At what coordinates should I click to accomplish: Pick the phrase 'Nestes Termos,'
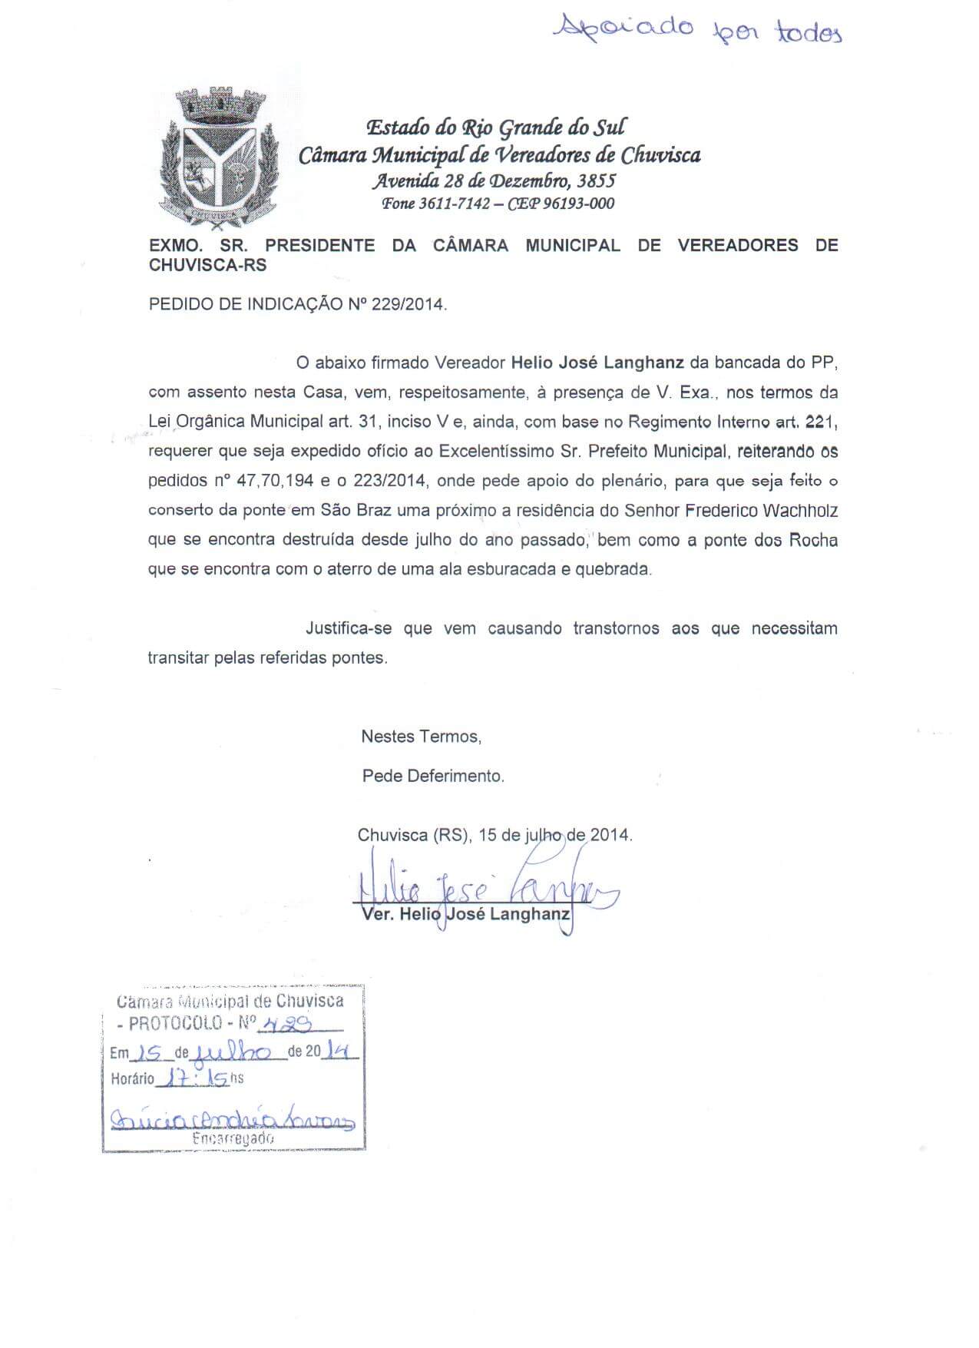click(421, 737)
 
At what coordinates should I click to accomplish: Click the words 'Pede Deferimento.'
click(433, 776)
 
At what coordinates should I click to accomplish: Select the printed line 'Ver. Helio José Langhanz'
click(465, 915)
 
